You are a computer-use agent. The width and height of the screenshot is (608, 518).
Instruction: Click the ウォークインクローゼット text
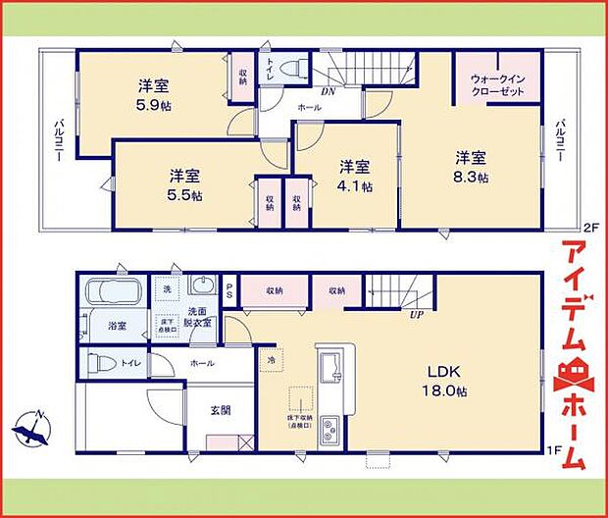(497, 83)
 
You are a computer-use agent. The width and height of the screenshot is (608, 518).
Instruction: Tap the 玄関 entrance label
(220, 411)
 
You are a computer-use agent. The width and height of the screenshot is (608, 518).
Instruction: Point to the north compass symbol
(36, 428)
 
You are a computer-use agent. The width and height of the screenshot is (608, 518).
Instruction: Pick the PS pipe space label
(228, 290)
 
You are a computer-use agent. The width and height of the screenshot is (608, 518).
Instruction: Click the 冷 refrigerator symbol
(271, 359)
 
